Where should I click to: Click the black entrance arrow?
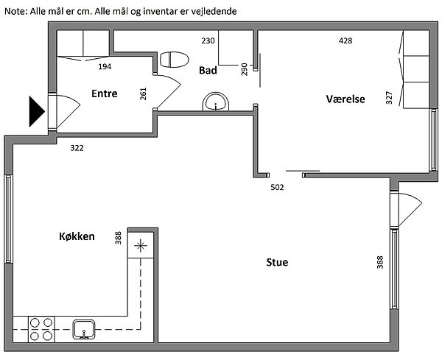point(37,112)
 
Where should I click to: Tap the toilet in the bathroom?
point(174,60)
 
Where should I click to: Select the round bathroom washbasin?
point(216,102)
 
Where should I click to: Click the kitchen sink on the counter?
point(84,329)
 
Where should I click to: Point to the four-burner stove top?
point(41,329)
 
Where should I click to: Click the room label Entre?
point(105,93)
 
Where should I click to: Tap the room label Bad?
point(208,71)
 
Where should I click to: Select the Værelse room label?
point(345,99)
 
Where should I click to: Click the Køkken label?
point(77,236)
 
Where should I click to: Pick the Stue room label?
point(277,262)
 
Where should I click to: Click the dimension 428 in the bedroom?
point(345,40)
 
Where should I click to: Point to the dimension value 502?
point(277,187)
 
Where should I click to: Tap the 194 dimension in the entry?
point(105,67)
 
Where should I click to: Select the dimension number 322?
point(77,148)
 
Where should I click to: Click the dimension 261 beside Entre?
point(143,93)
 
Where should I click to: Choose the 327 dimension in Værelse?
point(389,98)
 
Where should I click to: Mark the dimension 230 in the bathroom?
point(208,40)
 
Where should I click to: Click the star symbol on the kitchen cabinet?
point(141,246)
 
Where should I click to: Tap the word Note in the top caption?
point(15,12)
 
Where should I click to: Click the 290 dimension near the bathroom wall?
point(244,69)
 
